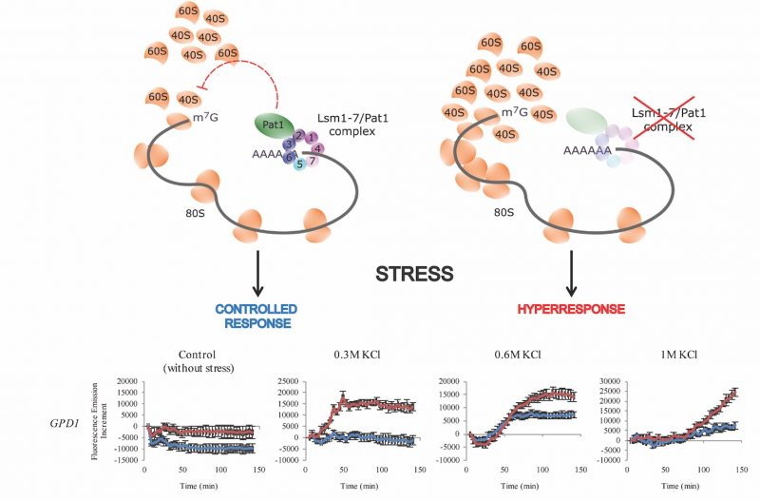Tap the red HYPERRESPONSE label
571,310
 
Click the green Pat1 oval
273,124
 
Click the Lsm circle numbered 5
300,164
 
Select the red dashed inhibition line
275,81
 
